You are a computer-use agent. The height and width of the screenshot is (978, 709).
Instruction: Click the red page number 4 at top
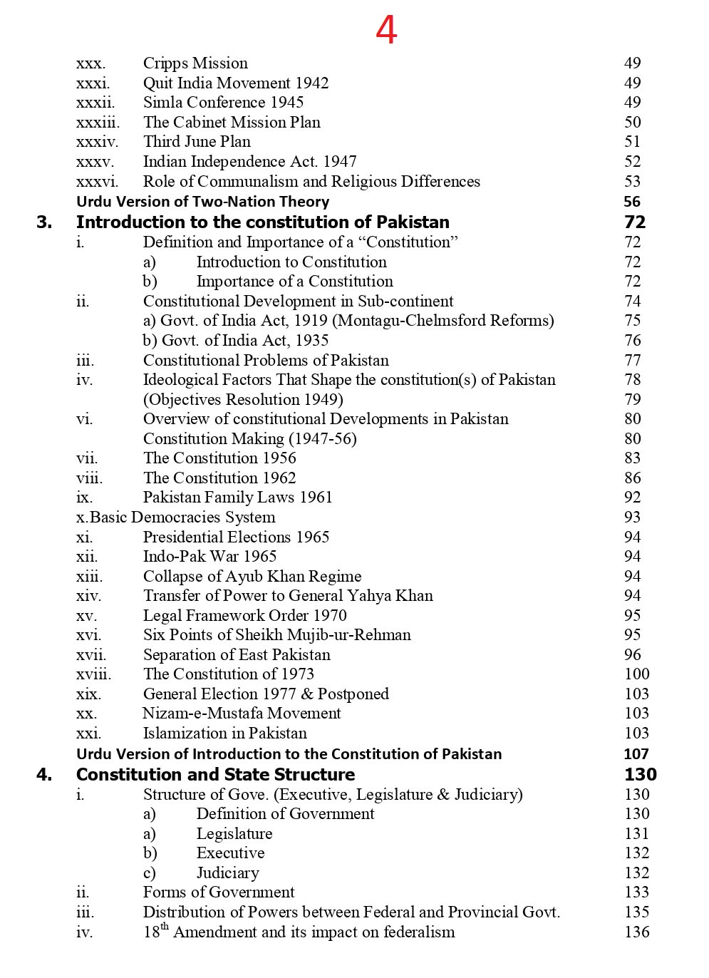(386, 31)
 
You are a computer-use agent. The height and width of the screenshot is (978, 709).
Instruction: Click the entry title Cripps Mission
(195, 63)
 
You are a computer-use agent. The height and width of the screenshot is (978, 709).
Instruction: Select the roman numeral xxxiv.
(97, 142)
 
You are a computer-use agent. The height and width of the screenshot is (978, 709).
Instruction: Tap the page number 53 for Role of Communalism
(632, 181)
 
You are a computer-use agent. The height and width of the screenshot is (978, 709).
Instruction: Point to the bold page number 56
(631, 202)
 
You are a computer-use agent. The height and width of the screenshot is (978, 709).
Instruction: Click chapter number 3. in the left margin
(44, 222)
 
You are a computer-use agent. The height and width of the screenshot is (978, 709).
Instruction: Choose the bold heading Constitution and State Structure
(215, 775)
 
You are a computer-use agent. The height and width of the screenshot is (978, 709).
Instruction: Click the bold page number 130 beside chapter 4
(640, 775)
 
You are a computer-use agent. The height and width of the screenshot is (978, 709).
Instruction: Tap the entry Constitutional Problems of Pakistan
(266, 360)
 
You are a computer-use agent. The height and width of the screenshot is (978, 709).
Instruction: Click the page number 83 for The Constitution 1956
(632, 458)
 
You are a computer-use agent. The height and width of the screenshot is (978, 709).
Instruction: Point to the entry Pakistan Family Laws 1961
(237, 498)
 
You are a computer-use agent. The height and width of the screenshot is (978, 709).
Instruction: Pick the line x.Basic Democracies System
(175, 518)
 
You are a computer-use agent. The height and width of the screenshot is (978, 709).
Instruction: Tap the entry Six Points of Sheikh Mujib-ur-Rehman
(276, 635)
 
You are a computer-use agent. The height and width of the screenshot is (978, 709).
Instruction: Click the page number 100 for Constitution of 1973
(636, 674)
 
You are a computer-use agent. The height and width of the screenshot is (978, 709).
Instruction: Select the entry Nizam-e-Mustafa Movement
(242, 714)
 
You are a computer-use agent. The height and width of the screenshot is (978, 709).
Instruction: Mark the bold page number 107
(636, 754)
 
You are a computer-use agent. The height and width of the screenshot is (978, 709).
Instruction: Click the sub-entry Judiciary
(227, 873)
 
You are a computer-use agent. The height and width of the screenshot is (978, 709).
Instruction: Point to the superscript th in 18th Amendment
(165, 927)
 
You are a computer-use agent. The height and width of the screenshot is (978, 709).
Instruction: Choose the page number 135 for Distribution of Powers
(636, 912)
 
